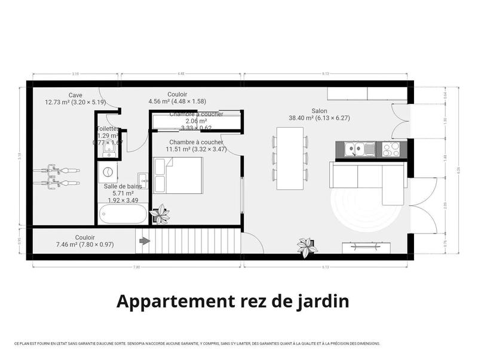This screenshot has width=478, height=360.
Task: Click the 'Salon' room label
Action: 319,110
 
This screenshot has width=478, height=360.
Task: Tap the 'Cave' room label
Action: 75,95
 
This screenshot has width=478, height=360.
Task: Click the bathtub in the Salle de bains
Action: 123,214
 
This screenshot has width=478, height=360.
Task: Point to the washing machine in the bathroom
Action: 108,173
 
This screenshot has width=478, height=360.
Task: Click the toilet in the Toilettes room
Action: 108,154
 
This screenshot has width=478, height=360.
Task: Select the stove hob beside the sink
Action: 391,148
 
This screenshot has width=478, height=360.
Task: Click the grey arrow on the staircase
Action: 144,241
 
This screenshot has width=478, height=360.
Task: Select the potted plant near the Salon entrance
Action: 307,246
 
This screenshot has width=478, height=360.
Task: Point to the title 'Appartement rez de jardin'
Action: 232,301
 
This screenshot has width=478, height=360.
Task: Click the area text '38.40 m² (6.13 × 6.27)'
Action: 319,118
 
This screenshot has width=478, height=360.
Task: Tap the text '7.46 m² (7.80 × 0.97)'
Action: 85,244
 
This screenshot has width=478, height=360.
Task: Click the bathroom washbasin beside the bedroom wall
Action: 143,179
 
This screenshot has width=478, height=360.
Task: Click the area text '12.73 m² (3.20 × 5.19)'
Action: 75,102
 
